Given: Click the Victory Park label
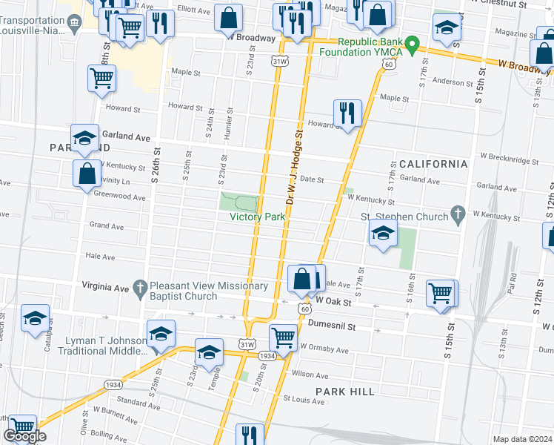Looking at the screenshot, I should (x=257, y=217).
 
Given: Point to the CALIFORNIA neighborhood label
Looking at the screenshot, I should (x=433, y=164).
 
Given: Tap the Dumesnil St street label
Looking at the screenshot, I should (x=333, y=326).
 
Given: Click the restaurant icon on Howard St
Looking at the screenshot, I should (x=347, y=113).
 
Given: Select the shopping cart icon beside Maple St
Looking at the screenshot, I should (x=101, y=79).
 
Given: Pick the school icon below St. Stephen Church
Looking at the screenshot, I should (x=383, y=234).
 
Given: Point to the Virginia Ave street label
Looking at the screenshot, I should (x=110, y=286).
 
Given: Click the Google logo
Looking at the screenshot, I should (x=24, y=436).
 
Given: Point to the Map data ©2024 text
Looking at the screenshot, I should (x=521, y=439).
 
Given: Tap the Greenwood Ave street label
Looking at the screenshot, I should (x=120, y=197).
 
